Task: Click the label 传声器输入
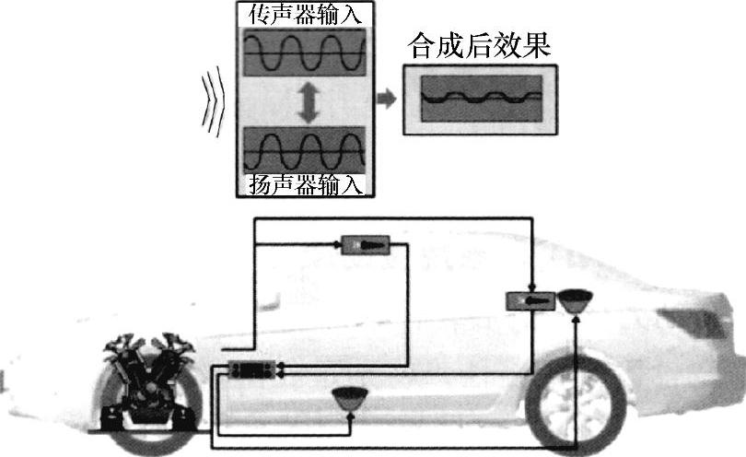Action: (305, 16)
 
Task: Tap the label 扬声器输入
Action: (305, 184)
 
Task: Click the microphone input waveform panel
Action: (305, 53)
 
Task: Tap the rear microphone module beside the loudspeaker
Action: (530, 300)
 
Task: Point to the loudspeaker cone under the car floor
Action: (350, 399)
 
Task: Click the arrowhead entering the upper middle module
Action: (334, 245)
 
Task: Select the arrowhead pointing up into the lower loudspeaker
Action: (350, 417)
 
